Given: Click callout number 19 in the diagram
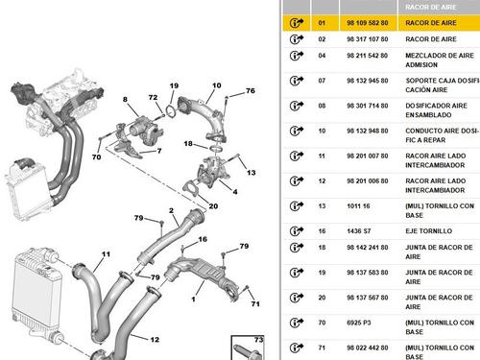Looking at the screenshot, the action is coord(174,85).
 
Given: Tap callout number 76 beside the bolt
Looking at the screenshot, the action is coord(251,90).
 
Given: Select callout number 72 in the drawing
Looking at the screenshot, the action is coord(153,97).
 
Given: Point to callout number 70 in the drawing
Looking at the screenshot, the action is coord(96,156).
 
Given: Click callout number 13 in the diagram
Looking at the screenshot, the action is coord(252,173).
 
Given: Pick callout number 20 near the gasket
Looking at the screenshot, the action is coord(213,206).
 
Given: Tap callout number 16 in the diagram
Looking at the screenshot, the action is coord(203,239).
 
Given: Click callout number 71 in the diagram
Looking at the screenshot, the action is coord(255,303).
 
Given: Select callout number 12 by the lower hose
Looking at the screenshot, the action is coord(155,339).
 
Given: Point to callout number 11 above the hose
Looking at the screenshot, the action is coord(106,254).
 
